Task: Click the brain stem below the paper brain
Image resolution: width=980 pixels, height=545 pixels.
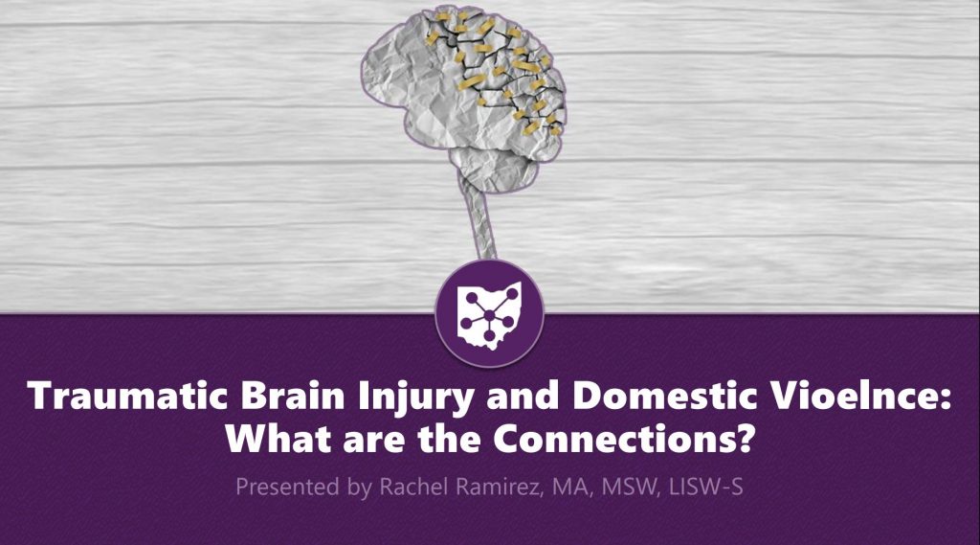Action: click(475, 224)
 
